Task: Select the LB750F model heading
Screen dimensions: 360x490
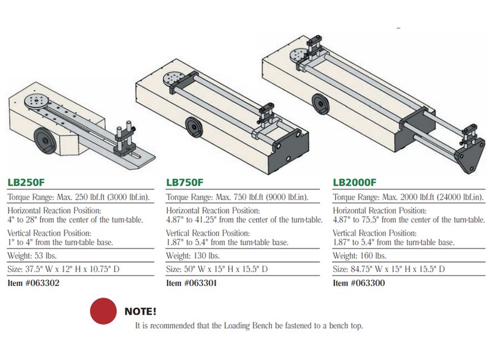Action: tap(185, 182)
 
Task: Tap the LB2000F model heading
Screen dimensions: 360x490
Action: tap(354, 182)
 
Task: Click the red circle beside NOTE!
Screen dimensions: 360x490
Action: tap(104, 311)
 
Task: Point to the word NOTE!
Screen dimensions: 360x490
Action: tap(140, 312)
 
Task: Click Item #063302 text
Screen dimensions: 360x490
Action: tap(34, 283)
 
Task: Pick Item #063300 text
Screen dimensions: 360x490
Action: tap(360, 283)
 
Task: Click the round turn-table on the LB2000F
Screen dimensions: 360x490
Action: tap(300, 55)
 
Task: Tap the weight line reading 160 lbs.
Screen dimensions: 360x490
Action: tap(360, 255)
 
